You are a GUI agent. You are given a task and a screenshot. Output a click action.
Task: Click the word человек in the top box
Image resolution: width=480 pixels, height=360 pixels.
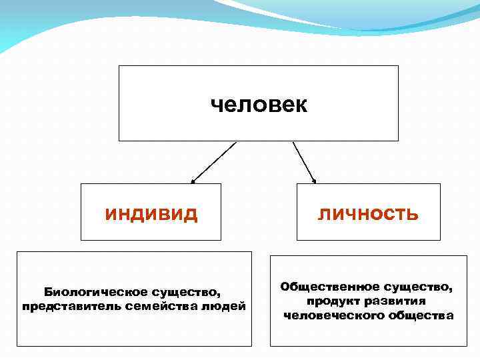click(x=259, y=105)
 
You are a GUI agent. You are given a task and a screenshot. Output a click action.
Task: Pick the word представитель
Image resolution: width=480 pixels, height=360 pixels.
click(x=64, y=306)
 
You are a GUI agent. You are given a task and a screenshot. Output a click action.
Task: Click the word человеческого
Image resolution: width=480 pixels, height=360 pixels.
click(x=332, y=315)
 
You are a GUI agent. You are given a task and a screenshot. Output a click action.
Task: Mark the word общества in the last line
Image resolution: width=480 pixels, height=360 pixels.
click(x=420, y=315)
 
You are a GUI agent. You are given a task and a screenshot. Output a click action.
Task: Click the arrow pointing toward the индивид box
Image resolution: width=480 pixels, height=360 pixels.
click(x=214, y=162)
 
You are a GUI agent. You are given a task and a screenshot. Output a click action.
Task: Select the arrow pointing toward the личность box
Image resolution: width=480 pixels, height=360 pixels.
click(x=304, y=162)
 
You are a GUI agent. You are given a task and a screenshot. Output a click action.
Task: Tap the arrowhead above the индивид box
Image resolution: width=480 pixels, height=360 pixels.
click(x=193, y=181)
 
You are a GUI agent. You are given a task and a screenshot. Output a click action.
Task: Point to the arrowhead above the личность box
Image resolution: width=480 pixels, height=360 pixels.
click(x=315, y=180)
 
